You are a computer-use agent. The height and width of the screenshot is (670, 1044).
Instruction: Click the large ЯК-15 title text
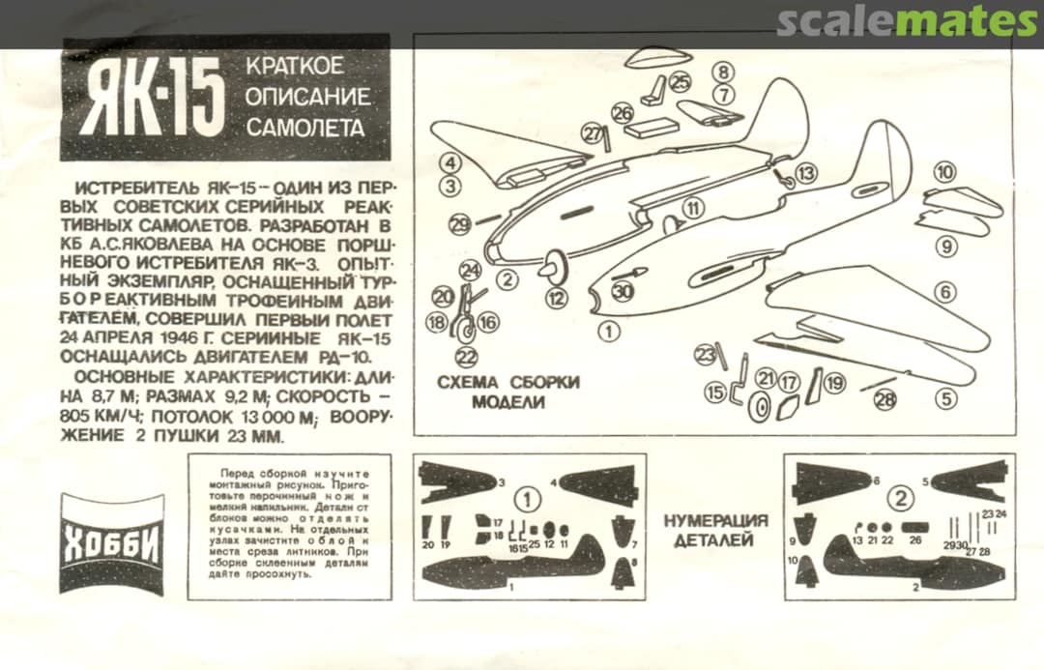(152, 101)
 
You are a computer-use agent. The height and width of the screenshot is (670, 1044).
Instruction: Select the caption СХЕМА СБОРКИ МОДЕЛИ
(508, 392)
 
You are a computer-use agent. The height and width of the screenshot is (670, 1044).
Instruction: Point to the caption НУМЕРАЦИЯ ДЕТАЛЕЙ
(715, 530)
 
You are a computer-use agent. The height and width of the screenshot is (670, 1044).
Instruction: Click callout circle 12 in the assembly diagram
(556, 299)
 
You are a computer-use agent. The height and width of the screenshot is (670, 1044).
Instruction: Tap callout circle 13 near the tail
(804, 173)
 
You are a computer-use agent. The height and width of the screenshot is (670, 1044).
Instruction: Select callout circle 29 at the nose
(461, 224)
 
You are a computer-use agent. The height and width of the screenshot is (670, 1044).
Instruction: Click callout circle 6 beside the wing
(944, 291)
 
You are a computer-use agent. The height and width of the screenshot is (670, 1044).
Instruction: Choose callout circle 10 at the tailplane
(944, 172)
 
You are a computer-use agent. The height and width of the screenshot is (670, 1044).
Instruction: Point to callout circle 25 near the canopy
(681, 82)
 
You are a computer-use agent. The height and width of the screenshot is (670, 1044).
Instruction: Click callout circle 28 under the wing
(885, 399)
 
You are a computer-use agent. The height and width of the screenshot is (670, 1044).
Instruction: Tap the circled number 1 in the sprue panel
(527, 500)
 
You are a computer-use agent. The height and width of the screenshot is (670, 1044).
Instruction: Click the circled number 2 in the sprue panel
(900, 499)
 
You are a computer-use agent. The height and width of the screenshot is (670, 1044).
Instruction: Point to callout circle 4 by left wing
(449, 162)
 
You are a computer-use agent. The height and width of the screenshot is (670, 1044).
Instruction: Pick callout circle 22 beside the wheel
(467, 358)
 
